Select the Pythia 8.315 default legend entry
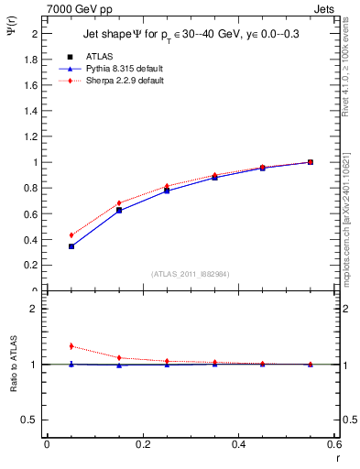(x=115, y=69)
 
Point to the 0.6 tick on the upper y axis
(x=30, y=213)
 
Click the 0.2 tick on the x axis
(x=142, y=445)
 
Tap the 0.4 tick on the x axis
(x=238, y=445)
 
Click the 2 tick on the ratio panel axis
(x=34, y=309)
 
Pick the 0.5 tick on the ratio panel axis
(x=30, y=420)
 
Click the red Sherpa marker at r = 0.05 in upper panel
(x=71, y=235)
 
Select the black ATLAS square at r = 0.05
(x=71, y=246)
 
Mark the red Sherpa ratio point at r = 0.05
(x=71, y=346)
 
